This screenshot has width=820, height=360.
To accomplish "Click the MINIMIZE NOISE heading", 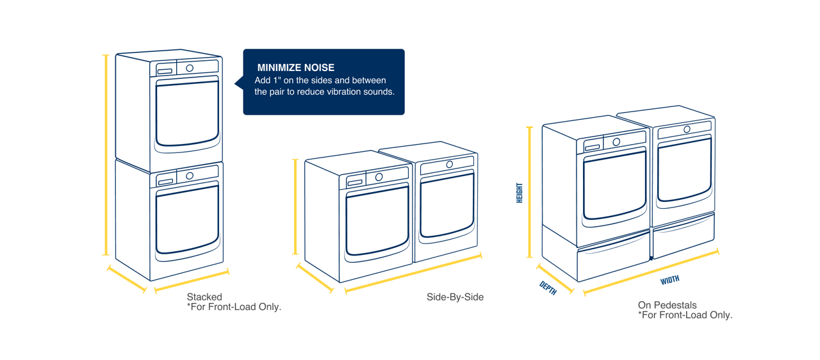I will (x=295, y=68).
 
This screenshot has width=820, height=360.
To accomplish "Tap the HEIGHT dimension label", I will (x=520, y=193).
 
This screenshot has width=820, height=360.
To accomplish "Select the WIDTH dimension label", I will (x=669, y=280).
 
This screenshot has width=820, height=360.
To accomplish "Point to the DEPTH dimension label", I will (x=548, y=288).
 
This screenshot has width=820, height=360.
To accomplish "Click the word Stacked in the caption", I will (x=204, y=297).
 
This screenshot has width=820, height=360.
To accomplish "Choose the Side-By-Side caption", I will (x=455, y=297).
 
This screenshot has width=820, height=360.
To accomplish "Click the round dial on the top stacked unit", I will (x=190, y=68).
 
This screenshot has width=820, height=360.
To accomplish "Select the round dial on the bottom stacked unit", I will (x=190, y=176).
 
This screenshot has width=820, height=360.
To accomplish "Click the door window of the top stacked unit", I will (x=187, y=113).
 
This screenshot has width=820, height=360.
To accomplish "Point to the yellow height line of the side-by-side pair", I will (x=295, y=207).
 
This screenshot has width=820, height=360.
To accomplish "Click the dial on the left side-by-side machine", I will (x=379, y=177).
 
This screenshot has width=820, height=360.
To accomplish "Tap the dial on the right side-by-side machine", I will (x=449, y=165).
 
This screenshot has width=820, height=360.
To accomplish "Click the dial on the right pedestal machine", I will (x=687, y=129).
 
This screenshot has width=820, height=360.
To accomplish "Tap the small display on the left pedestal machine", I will (x=592, y=147).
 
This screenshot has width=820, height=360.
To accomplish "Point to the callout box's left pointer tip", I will (x=235, y=83).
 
